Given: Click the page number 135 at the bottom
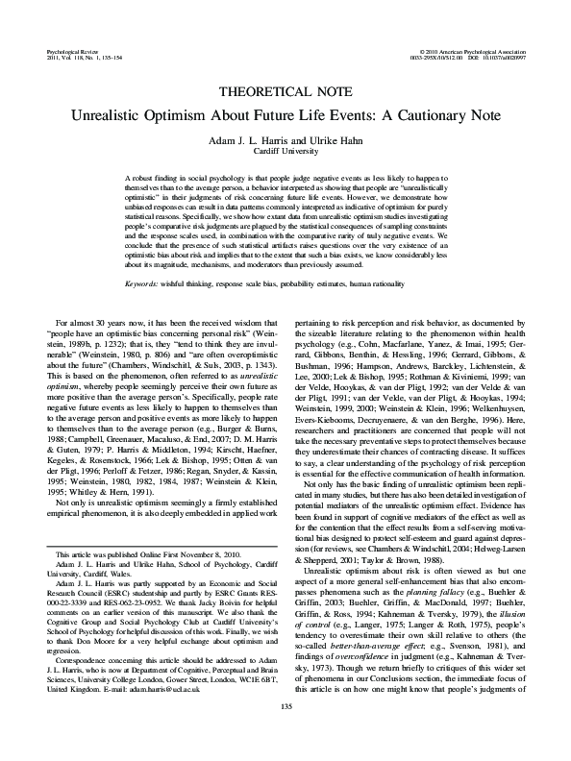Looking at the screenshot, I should point(285,735).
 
